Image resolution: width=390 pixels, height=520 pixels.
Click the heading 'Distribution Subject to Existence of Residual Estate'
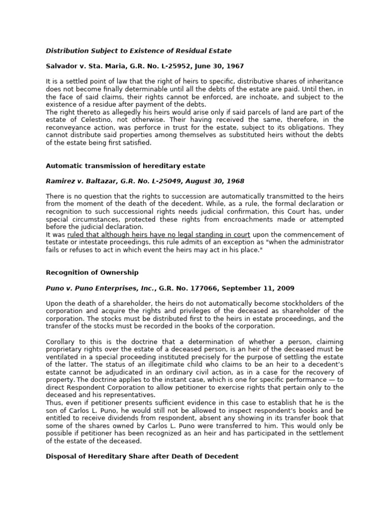[x=139, y=51]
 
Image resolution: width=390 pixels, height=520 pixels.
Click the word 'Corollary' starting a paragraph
[x=62, y=341]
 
